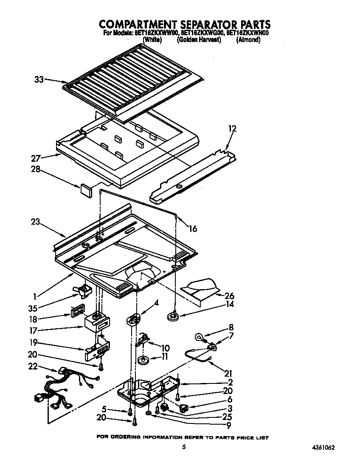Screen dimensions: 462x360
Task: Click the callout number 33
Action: point(39,79)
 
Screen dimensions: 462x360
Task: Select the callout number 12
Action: point(232,128)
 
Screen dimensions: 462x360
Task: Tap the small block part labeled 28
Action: point(86,189)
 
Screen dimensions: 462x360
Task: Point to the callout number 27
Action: point(36,158)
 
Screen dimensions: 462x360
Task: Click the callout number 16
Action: point(192,228)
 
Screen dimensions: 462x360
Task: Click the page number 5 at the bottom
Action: point(184,447)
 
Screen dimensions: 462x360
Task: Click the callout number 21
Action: point(228,373)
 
